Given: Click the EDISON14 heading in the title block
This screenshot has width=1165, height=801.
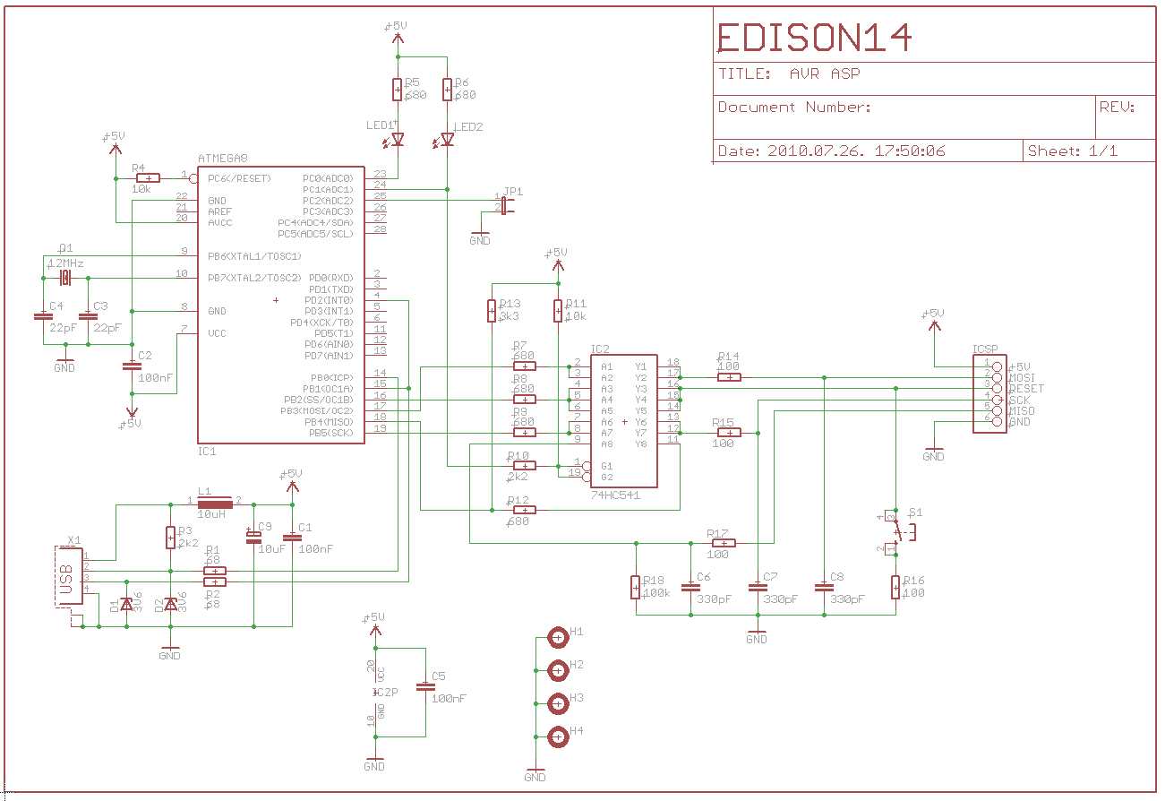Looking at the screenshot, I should [815, 37].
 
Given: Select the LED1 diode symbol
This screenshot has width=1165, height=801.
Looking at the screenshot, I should [398, 140].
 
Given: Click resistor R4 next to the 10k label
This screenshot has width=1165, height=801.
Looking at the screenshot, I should [147, 178].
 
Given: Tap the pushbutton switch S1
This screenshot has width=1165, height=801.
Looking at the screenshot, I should [896, 532].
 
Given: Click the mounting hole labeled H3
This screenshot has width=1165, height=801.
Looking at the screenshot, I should [558, 703].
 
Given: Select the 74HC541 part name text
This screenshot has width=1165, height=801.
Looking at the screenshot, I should [615, 495].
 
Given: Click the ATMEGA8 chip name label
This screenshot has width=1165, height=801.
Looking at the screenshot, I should [222, 159].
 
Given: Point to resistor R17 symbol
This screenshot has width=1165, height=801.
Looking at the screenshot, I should [722, 543].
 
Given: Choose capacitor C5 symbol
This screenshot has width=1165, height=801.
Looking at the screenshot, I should [425, 687].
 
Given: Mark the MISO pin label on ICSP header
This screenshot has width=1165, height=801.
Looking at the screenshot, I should [1022, 411].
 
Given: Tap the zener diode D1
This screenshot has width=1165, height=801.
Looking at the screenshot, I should [126, 606].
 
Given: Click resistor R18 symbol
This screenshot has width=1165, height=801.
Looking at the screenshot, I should [637, 588].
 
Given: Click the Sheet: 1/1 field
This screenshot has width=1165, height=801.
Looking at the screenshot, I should [1073, 151].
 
